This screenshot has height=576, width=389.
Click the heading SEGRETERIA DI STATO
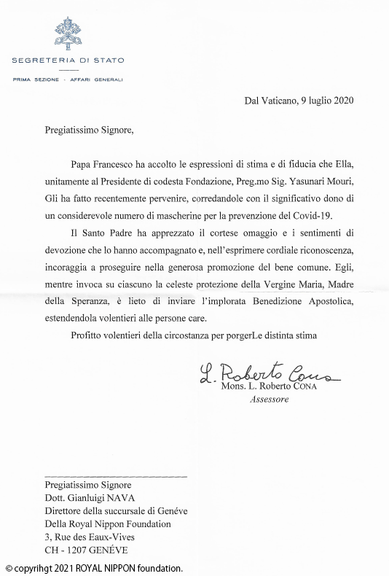tap(68, 60)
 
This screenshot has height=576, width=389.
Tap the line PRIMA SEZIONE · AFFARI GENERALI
tap(68, 79)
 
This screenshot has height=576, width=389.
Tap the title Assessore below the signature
tap(270, 400)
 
